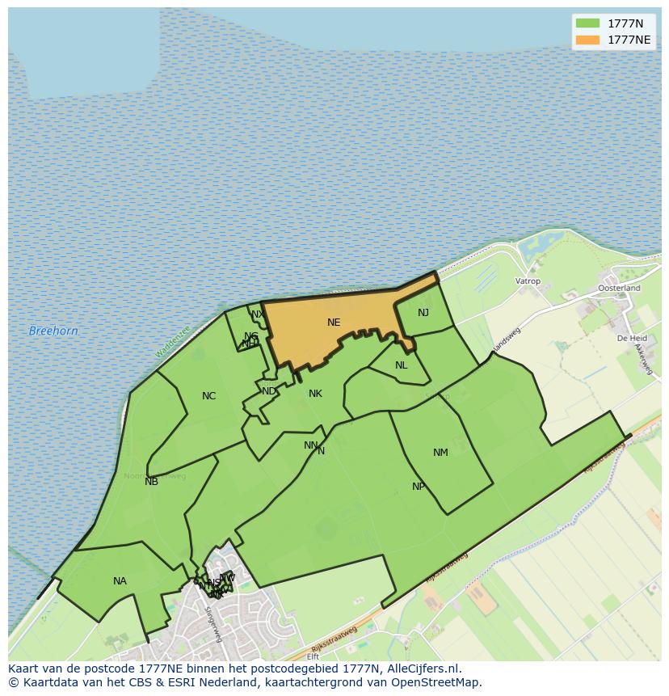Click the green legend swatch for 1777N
[x=587, y=23]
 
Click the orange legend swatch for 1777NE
[x=587, y=40]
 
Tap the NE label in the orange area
[x=334, y=323]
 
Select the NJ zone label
[x=423, y=313]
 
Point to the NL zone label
[x=401, y=365]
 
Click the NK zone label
[x=315, y=394]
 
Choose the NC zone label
[x=208, y=396]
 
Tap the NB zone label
[x=151, y=482]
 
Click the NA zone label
[x=120, y=581]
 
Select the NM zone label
[x=440, y=453]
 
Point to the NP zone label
[x=418, y=487]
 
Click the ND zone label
[x=268, y=391]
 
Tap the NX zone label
[x=257, y=314]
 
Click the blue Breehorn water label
[x=53, y=331]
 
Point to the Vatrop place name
[x=528, y=281]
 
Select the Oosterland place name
[x=619, y=288]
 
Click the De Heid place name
[x=632, y=338]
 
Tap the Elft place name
[x=313, y=656]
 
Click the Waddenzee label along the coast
[x=172, y=342]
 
